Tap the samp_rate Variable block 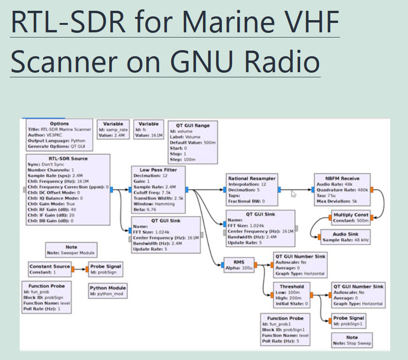(112, 129)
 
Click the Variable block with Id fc (148, 129)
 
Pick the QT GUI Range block (193, 142)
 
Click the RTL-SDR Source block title (68, 158)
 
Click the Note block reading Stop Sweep (352, 340)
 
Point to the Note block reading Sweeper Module (71, 250)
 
